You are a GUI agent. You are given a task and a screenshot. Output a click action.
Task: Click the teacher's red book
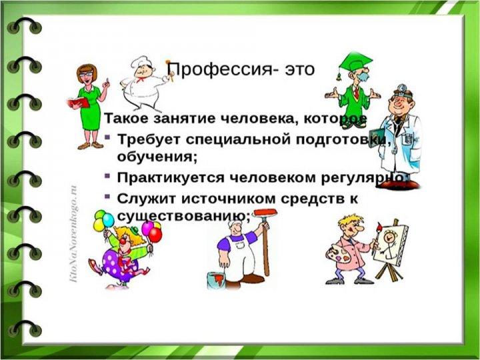point(79,103)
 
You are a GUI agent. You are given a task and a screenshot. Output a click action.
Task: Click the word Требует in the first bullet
point(149,139)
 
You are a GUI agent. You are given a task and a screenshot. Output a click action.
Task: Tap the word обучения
point(156,157)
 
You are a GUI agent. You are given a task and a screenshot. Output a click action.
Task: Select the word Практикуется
point(171,177)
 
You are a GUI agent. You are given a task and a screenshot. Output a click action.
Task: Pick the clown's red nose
point(123,241)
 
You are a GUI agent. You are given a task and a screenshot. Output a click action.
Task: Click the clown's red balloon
point(155,235)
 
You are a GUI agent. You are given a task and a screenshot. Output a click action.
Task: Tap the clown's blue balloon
point(108,220)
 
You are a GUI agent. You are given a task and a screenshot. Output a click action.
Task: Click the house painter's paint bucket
point(216,281)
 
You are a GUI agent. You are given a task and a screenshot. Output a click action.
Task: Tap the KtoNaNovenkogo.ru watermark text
point(73,233)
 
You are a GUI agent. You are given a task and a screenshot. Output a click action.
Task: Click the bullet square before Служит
point(107,196)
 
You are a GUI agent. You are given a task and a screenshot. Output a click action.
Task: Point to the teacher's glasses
point(86,75)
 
